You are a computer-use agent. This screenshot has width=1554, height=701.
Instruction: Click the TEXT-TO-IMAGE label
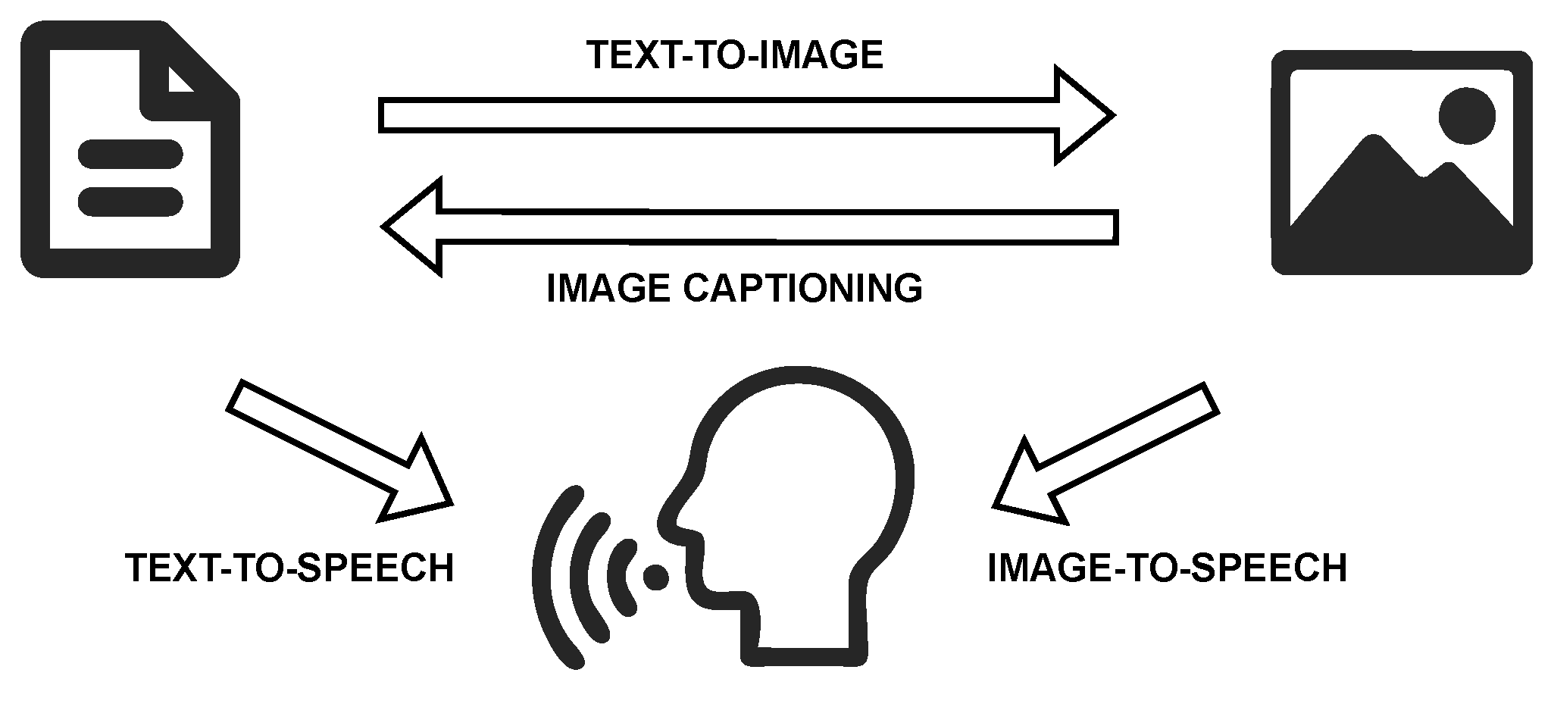pos(735,55)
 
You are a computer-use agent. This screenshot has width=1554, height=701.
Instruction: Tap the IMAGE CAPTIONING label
pos(734,288)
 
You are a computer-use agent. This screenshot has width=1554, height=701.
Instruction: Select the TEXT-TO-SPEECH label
pos(289,568)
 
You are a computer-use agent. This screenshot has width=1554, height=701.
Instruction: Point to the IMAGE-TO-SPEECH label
pos(1167,568)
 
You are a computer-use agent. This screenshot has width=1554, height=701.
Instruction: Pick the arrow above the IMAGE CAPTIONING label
pos(750,226)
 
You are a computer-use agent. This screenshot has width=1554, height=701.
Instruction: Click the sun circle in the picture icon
pos(1467,116)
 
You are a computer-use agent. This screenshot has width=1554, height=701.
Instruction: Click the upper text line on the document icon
pos(130,154)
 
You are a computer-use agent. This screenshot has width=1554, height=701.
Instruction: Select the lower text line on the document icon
pos(130,201)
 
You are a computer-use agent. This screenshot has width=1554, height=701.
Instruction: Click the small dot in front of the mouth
pos(656,577)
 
